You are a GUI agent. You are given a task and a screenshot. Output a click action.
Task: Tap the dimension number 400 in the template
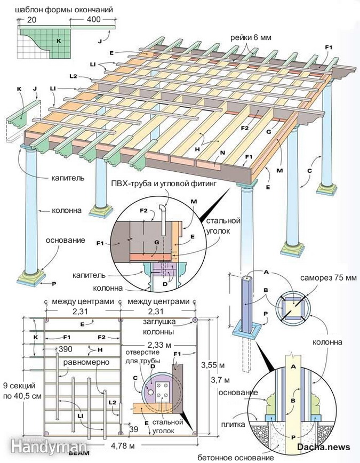94,19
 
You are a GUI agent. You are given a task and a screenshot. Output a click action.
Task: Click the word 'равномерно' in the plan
86,362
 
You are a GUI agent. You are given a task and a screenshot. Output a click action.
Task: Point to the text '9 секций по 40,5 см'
21,392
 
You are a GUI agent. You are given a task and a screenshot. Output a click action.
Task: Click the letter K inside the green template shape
59,41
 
